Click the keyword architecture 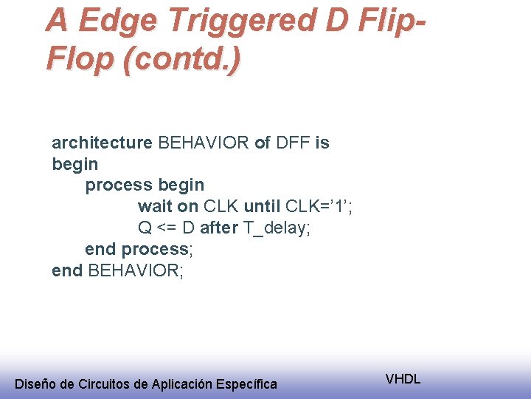[102, 143]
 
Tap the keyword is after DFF [322, 143]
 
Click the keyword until [262, 206]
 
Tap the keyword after [218, 228]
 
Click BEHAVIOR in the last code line [135, 270]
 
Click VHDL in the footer [403, 379]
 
